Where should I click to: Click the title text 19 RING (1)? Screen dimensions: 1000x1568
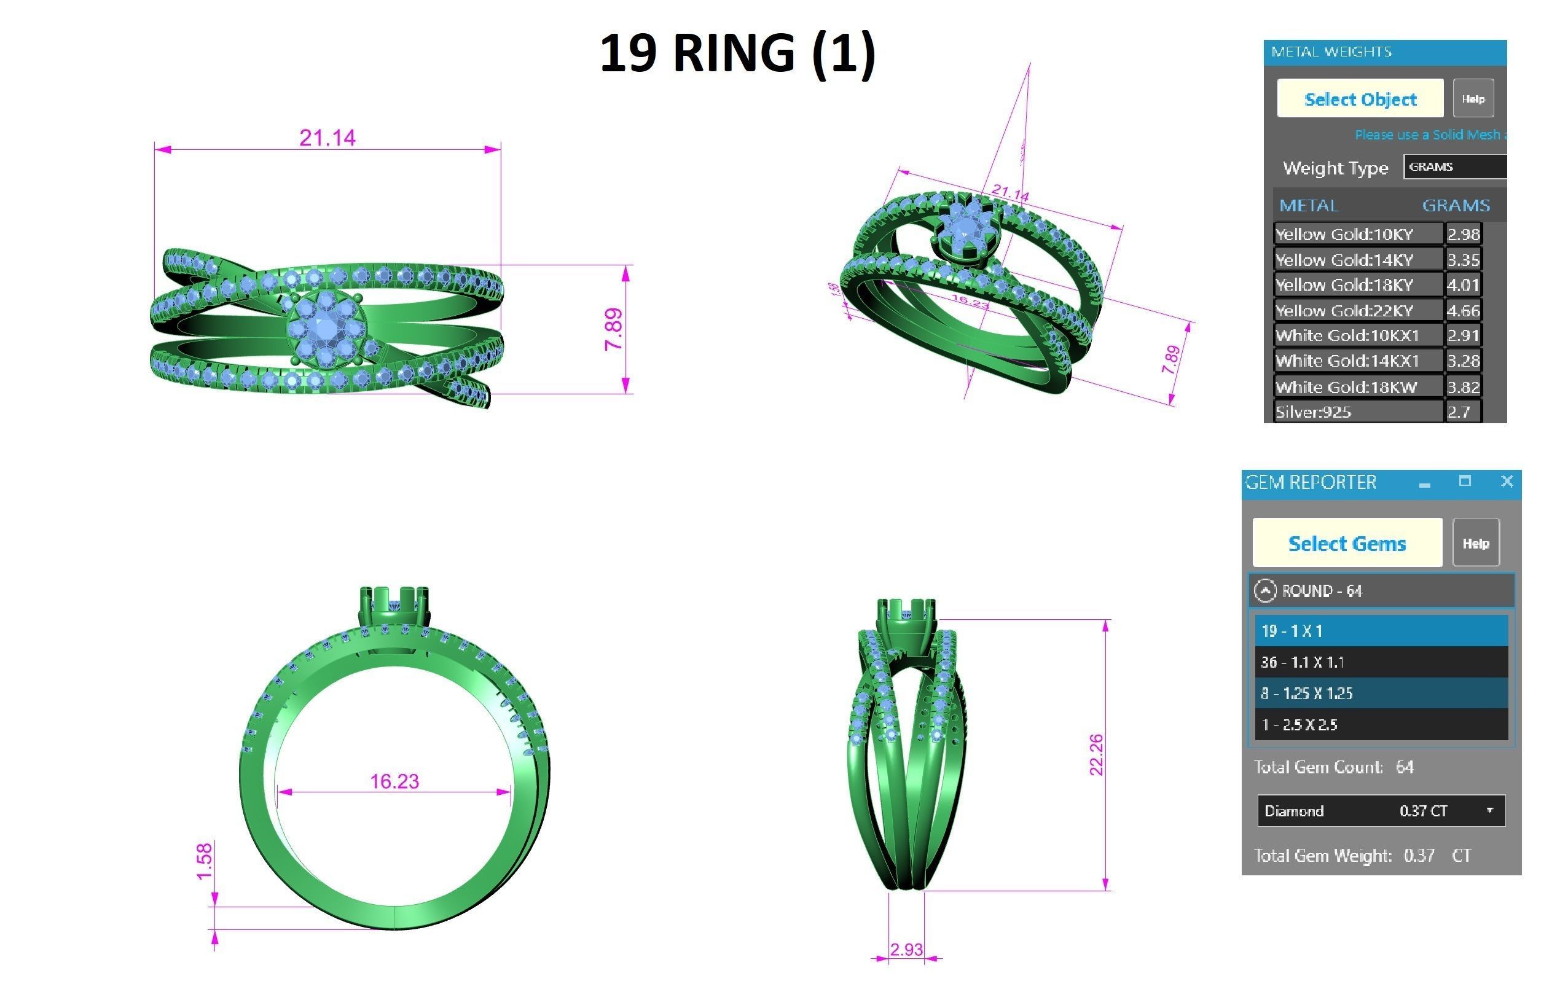click(737, 53)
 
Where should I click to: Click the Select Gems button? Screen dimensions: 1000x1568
click(1347, 543)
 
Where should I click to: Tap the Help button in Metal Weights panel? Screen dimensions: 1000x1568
click(1473, 99)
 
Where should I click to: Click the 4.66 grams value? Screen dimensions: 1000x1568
click(1462, 311)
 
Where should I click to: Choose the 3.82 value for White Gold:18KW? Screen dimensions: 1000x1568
click(1462, 387)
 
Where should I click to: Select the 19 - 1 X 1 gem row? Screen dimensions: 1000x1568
click(1381, 630)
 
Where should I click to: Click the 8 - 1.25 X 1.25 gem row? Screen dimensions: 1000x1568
click(1381, 693)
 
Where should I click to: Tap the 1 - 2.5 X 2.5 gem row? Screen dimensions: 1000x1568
click(1381, 724)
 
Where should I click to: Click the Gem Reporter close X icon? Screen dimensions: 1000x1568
click(1507, 481)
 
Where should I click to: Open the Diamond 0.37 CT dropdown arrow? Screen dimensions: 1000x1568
click(1489, 811)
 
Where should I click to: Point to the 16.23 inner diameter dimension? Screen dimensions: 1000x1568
click(394, 781)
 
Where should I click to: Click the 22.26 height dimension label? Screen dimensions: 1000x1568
click(1096, 754)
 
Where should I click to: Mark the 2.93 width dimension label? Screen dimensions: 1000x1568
click(906, 949)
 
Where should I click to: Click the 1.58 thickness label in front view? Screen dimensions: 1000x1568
click(205, 861)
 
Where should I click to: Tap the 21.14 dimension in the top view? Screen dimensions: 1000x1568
click(327, 138)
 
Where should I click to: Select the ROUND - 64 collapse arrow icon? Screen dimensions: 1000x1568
click(1264, 590)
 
